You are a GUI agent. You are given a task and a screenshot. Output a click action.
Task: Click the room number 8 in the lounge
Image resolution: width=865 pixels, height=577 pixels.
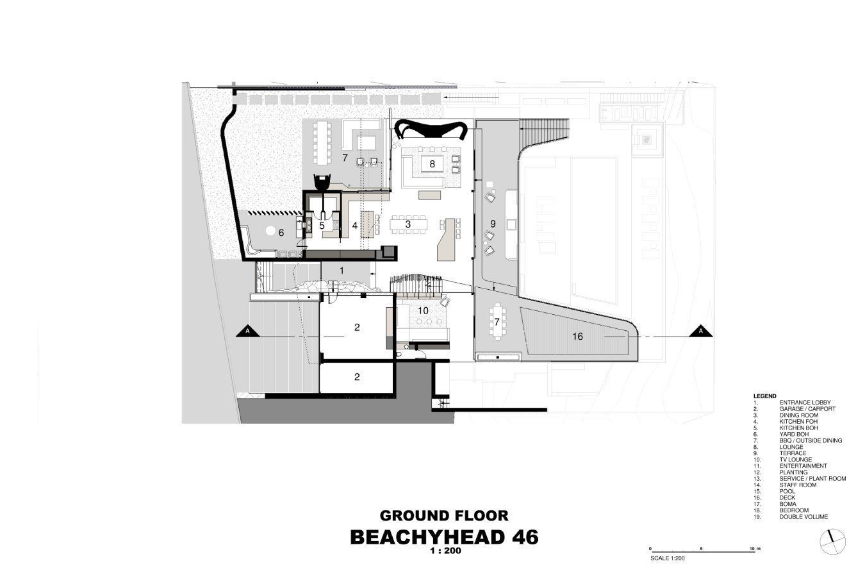click(x=432, y=164)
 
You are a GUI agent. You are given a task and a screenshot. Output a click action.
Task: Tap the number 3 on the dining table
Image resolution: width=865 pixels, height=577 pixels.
click(x=408, y=224)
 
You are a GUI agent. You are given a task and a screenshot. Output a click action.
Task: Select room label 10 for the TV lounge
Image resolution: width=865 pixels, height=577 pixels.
click(x=424, y=310)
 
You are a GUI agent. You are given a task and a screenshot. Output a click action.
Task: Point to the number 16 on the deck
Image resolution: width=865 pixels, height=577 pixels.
click(x=578, y=337)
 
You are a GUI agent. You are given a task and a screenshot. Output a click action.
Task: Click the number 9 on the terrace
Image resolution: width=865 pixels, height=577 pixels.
click(x=493, y=224)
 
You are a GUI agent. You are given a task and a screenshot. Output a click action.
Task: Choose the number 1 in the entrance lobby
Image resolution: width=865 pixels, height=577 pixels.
click(x=342, y=271)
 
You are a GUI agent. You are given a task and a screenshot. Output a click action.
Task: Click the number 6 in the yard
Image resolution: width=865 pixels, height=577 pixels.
click(x=281, y=233)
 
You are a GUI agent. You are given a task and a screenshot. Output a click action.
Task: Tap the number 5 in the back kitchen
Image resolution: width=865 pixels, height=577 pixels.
click(x=322, y=225)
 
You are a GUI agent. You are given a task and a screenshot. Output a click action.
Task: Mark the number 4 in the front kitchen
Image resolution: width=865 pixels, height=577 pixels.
click(x=354, y=225)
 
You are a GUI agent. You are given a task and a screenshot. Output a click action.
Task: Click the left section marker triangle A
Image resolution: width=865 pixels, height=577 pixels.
click(x=247, y=332)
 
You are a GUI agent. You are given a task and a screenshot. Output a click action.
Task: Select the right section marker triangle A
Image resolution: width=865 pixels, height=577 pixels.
click(x=701, y=332)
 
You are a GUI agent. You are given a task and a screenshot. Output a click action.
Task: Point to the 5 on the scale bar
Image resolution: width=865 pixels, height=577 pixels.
click(x=701, y=549)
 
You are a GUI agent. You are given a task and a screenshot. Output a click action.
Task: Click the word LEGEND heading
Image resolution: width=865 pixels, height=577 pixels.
click(x=764, y=396)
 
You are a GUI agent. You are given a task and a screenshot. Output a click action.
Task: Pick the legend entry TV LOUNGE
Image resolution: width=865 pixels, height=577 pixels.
click(x=796, y=460)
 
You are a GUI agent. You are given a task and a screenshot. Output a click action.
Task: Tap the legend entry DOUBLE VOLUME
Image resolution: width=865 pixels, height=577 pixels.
click(x=803, y=517)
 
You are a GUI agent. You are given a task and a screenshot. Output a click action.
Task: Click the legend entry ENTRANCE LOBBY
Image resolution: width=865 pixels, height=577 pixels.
click(x=805, y=403)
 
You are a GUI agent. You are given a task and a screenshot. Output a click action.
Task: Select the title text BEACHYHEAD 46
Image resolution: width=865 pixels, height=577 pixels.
click(x=444, y=538)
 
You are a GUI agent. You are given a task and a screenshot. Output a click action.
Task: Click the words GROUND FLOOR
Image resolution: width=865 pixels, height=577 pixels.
click(x=444, y=515)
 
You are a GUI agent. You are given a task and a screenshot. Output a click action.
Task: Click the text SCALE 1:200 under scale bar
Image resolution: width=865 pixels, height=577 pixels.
click(x=667, y=558)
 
